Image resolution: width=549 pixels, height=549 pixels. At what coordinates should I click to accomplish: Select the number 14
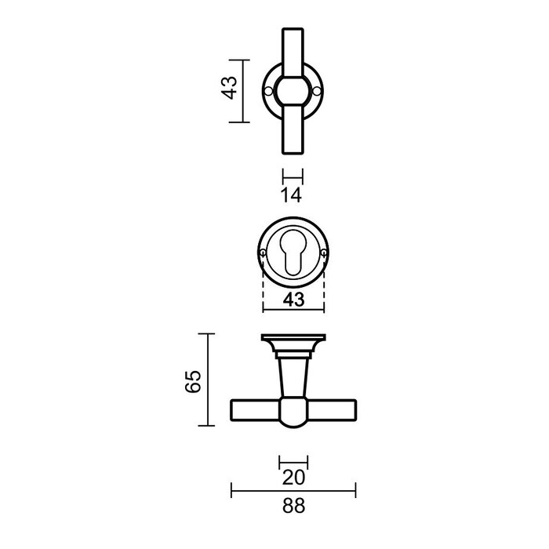[291, 196]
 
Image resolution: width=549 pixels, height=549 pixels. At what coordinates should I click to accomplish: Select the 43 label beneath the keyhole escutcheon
[292, 299]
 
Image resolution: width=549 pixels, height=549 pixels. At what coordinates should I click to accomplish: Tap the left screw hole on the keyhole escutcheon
[261, 252]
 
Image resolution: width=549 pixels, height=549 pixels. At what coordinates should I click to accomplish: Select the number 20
[293, 477]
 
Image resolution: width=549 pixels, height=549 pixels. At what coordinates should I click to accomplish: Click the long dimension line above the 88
[293, 492]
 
